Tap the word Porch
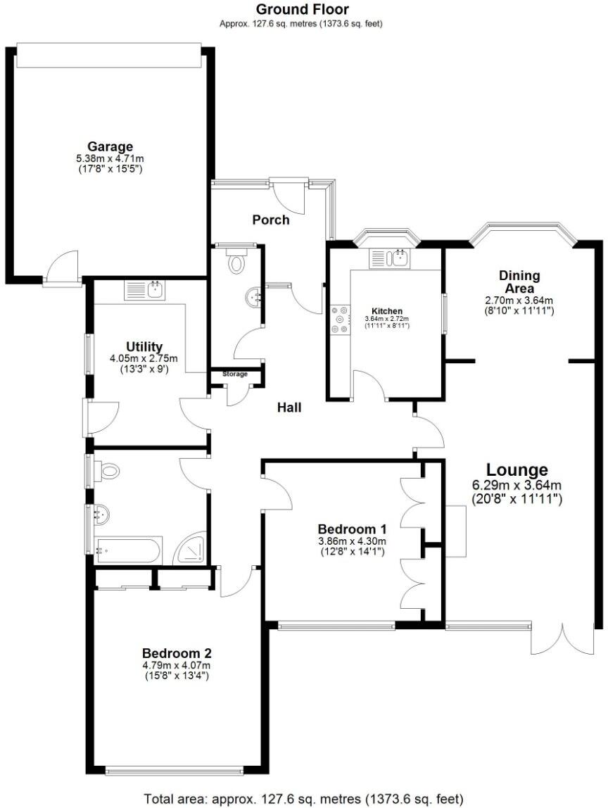pos(271,220)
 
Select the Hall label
pos(289,407)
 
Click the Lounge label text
pos(517,469)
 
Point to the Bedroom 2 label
pos(177,652)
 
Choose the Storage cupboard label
pos(235,374)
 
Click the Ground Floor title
pos(302,9)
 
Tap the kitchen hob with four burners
pos(339,318)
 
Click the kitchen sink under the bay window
pos(388,258)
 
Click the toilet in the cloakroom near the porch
pos(236,263)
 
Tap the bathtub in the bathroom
pos(129,550)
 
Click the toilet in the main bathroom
pos(107,472)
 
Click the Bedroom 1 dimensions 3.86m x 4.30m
pos(352,541)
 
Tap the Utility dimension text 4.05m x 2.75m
pos(144,358)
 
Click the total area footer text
pos(303,799)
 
